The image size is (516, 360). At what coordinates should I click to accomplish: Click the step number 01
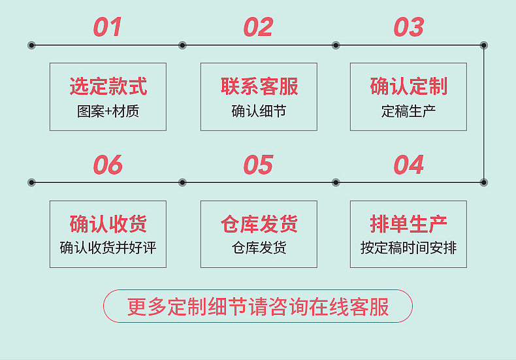[108, 27]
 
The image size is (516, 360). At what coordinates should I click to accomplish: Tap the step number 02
[258, 27]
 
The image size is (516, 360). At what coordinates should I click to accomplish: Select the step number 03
[408, 27]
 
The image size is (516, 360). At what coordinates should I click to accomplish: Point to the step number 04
[408, 165]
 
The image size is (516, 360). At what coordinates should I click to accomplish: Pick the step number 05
[258, 165]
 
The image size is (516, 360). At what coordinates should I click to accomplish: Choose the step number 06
[108, 165]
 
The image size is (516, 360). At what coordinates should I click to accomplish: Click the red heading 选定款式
[108, 86]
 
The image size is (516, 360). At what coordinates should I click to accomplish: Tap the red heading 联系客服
[259, 86]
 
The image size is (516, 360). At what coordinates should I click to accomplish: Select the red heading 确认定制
[408, 86]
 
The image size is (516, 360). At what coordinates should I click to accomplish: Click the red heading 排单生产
[408, 224]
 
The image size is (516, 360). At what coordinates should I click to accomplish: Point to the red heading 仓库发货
[259, 224]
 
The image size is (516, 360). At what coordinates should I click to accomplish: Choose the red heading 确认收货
[108, 224]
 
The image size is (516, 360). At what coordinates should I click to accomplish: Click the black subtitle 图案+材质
[108, 111]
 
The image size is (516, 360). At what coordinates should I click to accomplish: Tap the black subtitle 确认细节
[259, 111]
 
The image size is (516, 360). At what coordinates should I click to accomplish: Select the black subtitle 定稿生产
[408, 111]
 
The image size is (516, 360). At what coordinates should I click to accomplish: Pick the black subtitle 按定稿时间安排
[408, 248]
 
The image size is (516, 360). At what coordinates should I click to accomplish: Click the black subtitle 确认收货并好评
[108, 248]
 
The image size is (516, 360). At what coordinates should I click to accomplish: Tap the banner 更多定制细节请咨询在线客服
[258, 306]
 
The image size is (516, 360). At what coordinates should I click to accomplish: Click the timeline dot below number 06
[182, 182]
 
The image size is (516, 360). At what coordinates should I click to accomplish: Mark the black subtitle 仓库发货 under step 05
[259, 248]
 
